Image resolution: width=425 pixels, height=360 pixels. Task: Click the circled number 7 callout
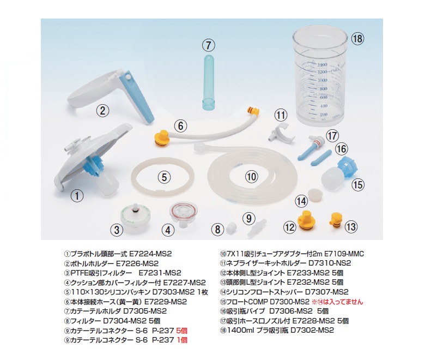point(209,45)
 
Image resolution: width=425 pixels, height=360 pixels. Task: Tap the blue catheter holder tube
point(209,81)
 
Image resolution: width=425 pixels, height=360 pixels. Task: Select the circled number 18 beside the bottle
point(357,39)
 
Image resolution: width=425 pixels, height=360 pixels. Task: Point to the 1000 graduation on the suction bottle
point(322,80)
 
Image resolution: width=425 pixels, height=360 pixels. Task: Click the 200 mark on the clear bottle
point(323,115)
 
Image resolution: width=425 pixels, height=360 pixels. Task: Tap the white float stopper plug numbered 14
point(316,195)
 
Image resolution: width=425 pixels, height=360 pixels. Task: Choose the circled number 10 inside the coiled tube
point(251,177)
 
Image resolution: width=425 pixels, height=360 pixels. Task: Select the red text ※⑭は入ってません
point(337,302)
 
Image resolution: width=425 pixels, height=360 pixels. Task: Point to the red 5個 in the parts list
point(181,331)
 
